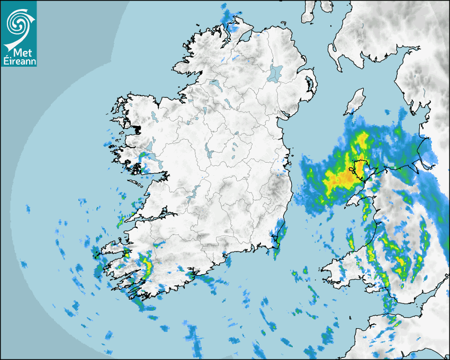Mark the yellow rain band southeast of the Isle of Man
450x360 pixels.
point(362,140)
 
